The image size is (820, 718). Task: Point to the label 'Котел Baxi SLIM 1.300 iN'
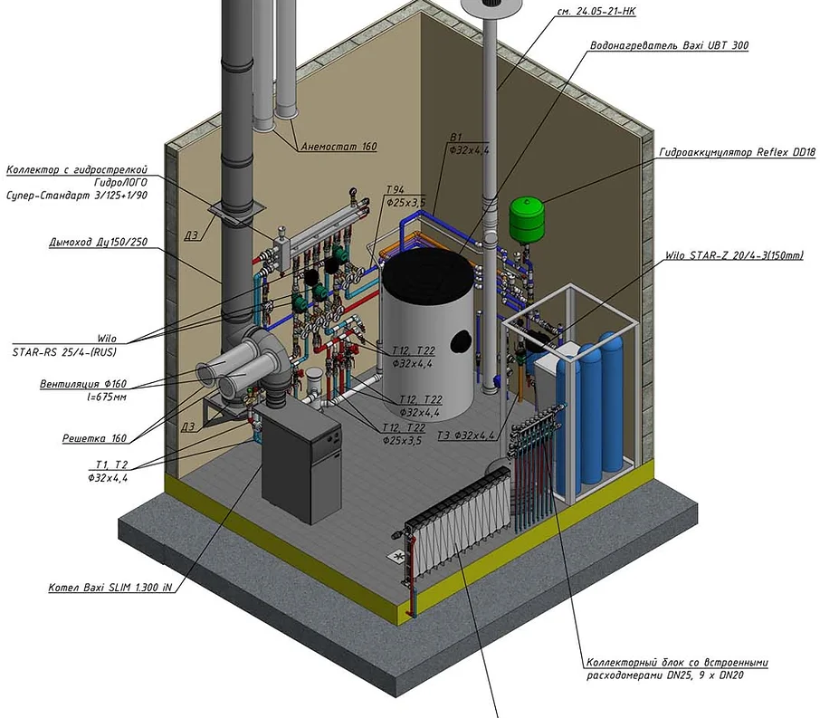tap(110, 588)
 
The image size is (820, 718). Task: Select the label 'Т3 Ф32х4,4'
tap(466, 436)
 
